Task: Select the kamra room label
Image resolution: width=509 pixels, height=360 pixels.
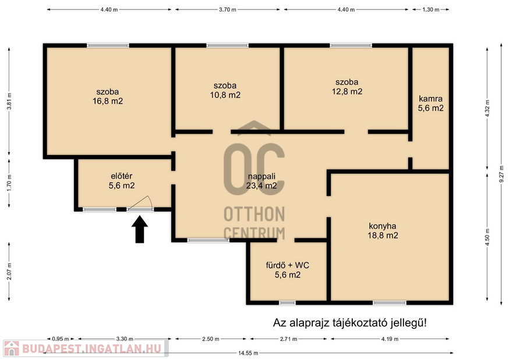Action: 430,103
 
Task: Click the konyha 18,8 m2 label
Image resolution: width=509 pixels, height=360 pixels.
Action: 383,231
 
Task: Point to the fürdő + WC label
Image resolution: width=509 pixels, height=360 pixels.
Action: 288,270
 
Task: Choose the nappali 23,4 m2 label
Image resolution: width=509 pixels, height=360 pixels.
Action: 261,181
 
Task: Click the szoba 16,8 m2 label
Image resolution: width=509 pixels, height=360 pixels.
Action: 107,97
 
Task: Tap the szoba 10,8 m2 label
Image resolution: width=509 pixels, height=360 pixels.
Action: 225,90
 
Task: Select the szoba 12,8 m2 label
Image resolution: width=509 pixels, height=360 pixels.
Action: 347,87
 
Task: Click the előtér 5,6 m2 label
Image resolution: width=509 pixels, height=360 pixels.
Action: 122,181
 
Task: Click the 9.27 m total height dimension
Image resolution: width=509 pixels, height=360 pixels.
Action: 501,175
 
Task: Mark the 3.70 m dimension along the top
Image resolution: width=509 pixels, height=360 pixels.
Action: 228,10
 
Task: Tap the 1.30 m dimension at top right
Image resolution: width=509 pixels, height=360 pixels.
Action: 431,10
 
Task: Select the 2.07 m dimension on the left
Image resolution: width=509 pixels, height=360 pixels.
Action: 9,271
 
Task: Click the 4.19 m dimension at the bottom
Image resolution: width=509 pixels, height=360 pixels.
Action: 390,339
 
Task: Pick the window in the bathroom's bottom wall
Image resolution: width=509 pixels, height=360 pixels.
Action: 287,303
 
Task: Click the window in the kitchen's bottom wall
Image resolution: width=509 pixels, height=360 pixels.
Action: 390,303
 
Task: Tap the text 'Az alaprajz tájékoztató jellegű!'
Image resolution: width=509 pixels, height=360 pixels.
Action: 350,323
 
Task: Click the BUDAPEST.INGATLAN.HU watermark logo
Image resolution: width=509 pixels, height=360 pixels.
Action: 86,348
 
